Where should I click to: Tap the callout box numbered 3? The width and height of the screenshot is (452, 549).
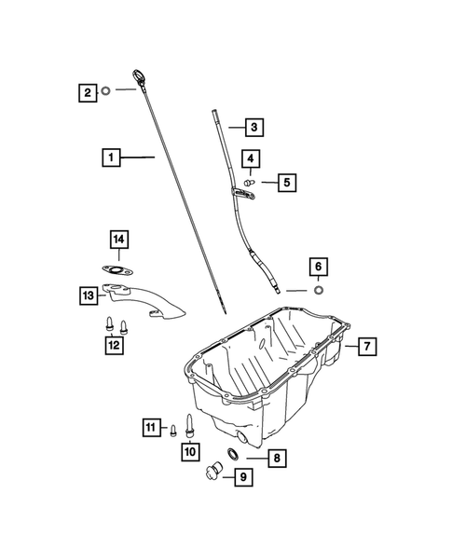click(254, 126)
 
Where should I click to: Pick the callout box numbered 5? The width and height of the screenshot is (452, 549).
click(286, 183)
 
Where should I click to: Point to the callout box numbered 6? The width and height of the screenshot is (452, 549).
click(318, 267)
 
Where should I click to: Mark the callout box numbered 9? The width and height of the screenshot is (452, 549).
click(242, 478)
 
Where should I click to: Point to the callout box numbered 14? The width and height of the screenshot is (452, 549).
click(118, 241)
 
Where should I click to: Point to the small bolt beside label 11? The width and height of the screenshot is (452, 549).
click(172, 429)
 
